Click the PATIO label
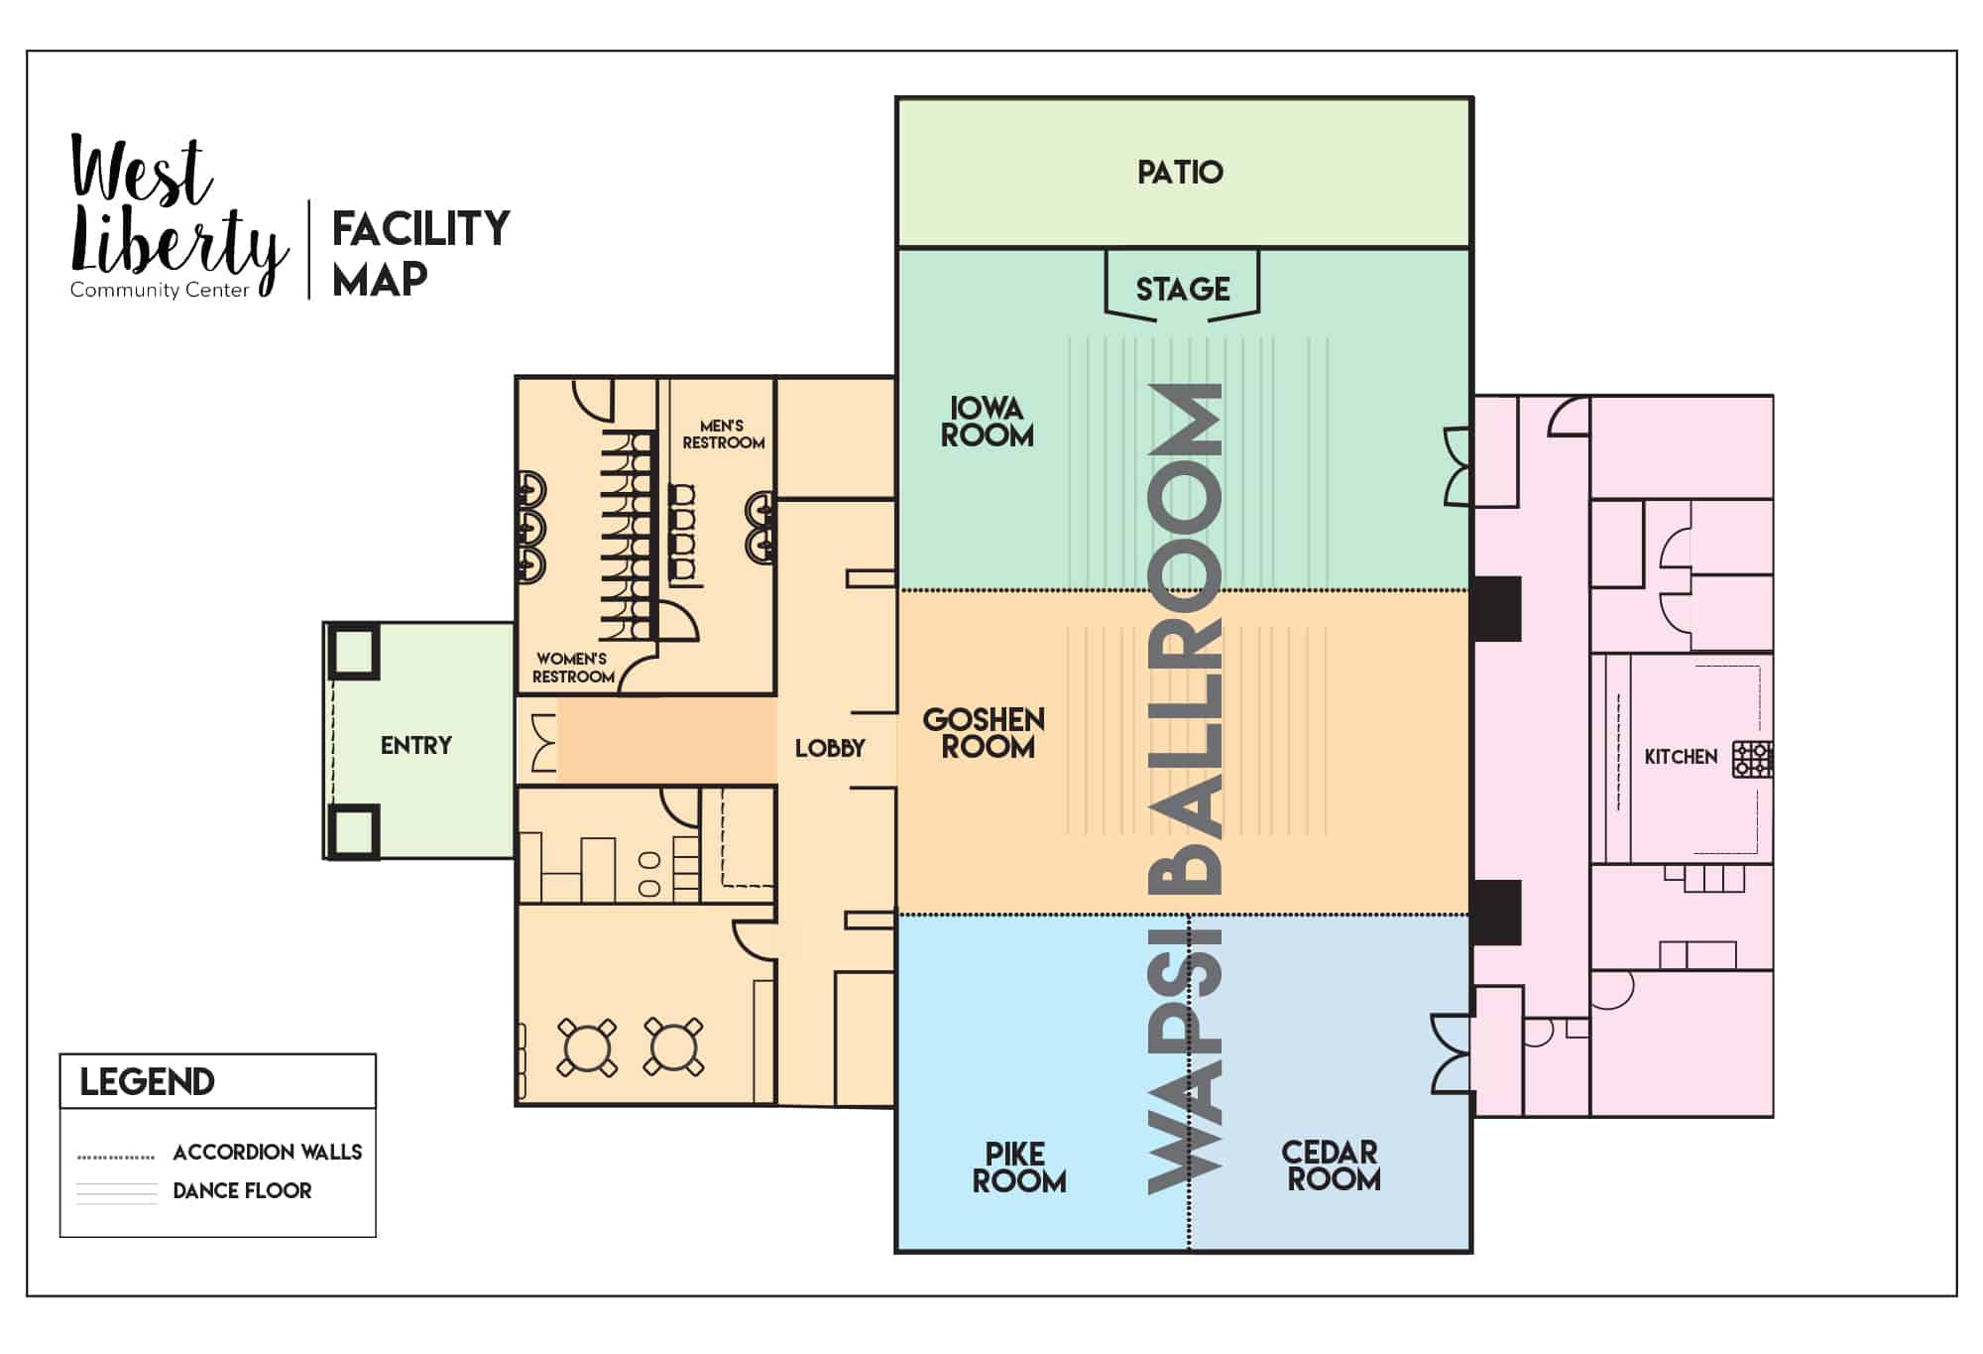click(x=1180, y=173)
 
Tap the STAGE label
click(x=1183, y=290)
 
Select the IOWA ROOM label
click(x=987, y=422)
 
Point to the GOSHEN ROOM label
click(x=984, y=733)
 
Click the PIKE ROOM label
click(x=1018, y=1168)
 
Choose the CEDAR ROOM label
click(x=1331, y=1166)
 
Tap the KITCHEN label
click(x=1681, y=757)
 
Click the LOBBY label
click(x=830, y=749)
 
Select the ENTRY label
click(x=416, y=746)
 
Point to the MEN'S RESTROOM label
click(x=723, y=434)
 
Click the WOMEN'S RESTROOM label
click(x=573, y=668)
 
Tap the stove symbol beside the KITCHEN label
click(x=1752, y=759)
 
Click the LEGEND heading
click(x=147, y=1082)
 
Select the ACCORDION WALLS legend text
click(x=268, y=1153)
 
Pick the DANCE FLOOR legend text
click(x=242, y=1190)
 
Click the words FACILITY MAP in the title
click(x=420, y=253)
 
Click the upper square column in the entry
click(x=353, y=651)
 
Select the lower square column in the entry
click(x=353, y=831)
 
